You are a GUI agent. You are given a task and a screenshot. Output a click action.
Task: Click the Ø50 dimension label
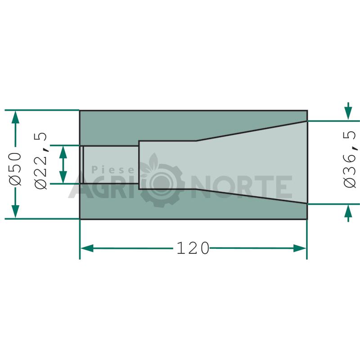[16, 168]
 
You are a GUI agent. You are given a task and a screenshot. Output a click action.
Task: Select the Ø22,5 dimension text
[41, 161]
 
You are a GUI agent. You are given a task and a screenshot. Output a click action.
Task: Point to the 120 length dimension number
[193, 248]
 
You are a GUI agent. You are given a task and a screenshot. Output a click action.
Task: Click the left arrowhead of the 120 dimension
[87, 248]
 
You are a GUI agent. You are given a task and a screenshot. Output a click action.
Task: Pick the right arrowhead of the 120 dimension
[300, 248]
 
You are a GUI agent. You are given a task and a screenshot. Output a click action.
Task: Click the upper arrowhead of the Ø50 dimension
[15, 117]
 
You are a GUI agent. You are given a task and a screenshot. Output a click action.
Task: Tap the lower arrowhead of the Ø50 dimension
[15, 211]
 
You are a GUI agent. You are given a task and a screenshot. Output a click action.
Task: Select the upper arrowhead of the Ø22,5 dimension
[63, 152]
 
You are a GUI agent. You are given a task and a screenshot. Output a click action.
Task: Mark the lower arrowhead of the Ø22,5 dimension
[63, 177]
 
